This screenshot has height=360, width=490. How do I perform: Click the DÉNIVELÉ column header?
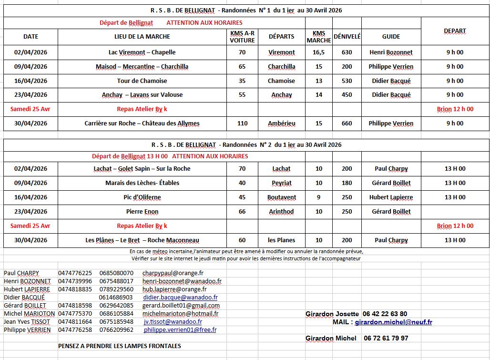pyautogui.click(x=347, y=36)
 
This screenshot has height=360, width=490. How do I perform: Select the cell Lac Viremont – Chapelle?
pyautogui.click(x=142, y=52)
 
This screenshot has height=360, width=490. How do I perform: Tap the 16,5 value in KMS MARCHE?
pyautogui.click(x=319, y=52)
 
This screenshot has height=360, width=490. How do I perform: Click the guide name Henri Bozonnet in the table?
pyautogui.click(x=391, y=52)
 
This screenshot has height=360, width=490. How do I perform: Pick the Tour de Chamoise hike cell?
pyautogui.click(x=142, y=81)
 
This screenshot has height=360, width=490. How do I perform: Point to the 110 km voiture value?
pyautogui.click(x=242, y=123)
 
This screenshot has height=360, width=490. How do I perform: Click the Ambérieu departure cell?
pyautogui.click(x=281, y=123)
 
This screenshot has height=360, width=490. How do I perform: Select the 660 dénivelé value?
pyautogui.click(x=347, y=123)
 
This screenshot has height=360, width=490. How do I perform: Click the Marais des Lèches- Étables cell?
pyautogui.click(x=142, y=183)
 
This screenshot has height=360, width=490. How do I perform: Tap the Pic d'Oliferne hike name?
pyautogui.click(x=142, y=197)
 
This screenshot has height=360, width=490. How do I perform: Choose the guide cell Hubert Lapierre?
pyautogui.click(x=391, y=197)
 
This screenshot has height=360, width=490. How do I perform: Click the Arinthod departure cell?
pyautogui.click(x=281, y=212)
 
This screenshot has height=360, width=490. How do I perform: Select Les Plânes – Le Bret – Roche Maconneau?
pyautogui.click(x=142, y=240)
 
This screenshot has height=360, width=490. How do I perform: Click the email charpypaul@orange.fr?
pyautogui.click(x=173, y=273)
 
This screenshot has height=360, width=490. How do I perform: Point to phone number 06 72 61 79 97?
pyautogui.click(x=385, y=338)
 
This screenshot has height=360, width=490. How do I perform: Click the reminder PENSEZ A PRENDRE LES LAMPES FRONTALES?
pyautogui.click(x=119, y=346)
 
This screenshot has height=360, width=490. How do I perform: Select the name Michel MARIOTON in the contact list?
pyautogui.click(x=30, y=314)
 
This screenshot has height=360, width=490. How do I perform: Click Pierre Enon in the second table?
pyautogui.click(x=142, y=212)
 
